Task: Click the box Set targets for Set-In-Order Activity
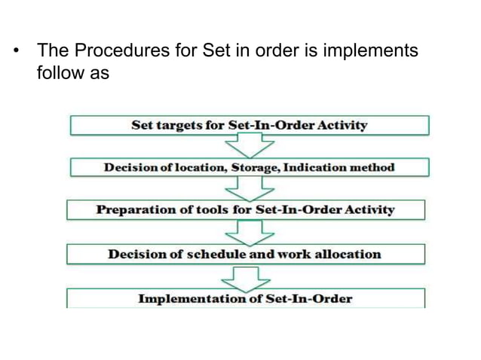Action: [249, 125]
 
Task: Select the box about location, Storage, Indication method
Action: [249, 167]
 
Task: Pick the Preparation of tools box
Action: [245, 209]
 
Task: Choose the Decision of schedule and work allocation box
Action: [245, 254]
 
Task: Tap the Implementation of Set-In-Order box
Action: [245, 298]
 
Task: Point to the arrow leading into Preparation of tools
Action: [245, 188]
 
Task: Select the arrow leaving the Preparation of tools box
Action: [245, 231]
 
